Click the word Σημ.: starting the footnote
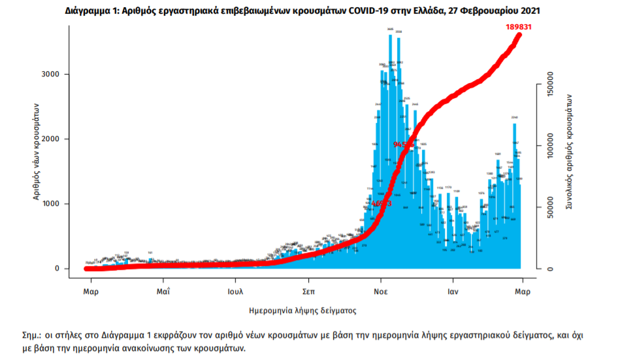tap(32, 335)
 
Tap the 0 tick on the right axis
tap(550, 269)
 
